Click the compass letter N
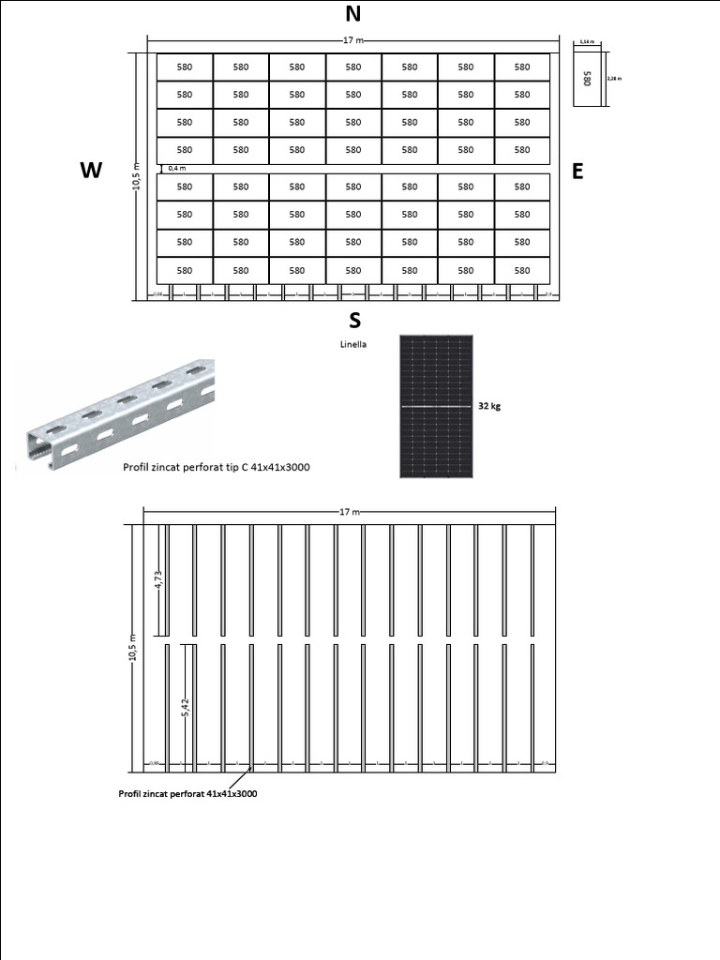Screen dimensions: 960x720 (x=353, y=14)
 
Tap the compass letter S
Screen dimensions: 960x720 (x=354, y=321)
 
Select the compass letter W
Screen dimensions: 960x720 (x=91, y=170)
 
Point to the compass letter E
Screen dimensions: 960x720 (x=577, y=171)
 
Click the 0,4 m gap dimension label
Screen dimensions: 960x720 (x=177, y=169)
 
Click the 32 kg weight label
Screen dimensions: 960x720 (x=489, y=406)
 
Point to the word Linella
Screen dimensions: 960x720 (x=353, y=344)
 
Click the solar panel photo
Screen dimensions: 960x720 (x=437, y=406)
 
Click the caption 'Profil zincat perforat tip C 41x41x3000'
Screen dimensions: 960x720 (x=217, y=466)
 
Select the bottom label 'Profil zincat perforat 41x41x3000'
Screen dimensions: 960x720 (x=187, y=793)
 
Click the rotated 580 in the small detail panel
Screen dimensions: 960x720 (x=588, y=78)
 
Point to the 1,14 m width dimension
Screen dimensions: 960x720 (x=587, y=42)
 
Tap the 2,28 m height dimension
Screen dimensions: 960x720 (x=614, y=78)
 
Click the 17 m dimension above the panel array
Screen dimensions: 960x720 (x=353, y=40)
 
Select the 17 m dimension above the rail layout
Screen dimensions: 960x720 (x=350, y=512)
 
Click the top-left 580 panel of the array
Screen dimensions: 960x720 (x=185, y=67)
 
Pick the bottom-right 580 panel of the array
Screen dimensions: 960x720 (x=522, y=270)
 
